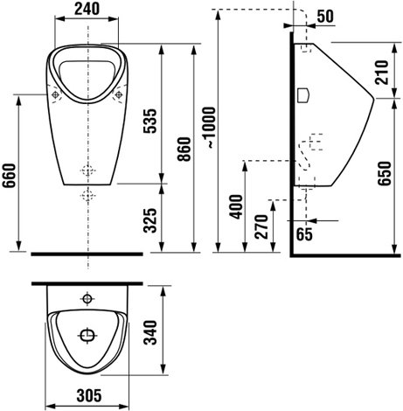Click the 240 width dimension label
click(87, 9)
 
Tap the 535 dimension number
click(150, 121)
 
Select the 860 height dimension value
click(184, 150)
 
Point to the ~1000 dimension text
click(209, 128)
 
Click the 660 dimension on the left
click(9, 176)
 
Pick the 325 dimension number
click(150, 220)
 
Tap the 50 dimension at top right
click(325, 17)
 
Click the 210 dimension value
click(382, 73)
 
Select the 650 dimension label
click(384, 173)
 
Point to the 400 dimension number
click(236, 206)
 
